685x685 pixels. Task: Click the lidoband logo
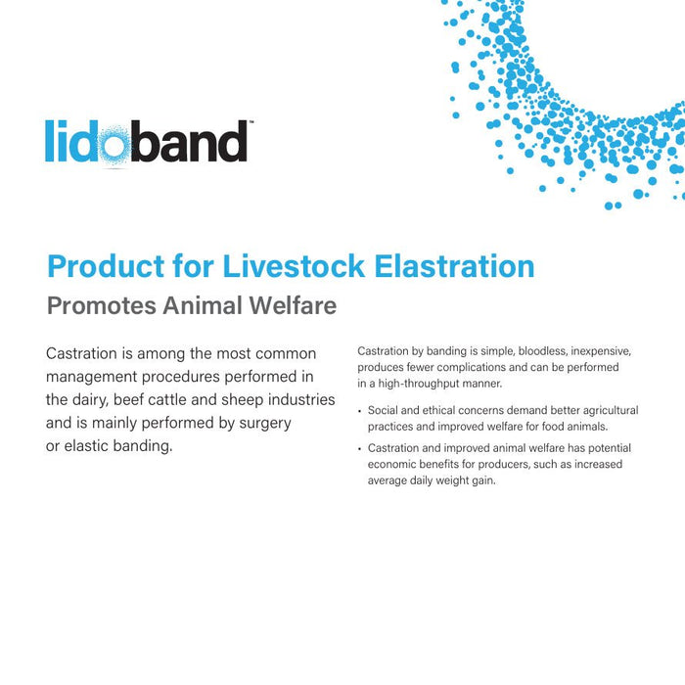pos(147,142)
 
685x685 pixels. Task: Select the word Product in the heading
pos(106,266)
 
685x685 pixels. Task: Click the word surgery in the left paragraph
pos(266,423)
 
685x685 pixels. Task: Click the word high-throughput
pos(408,383)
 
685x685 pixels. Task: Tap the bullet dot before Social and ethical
pos(359,411)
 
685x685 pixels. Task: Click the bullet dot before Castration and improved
pos(359,449)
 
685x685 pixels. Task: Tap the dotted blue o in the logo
pos(115,143)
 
